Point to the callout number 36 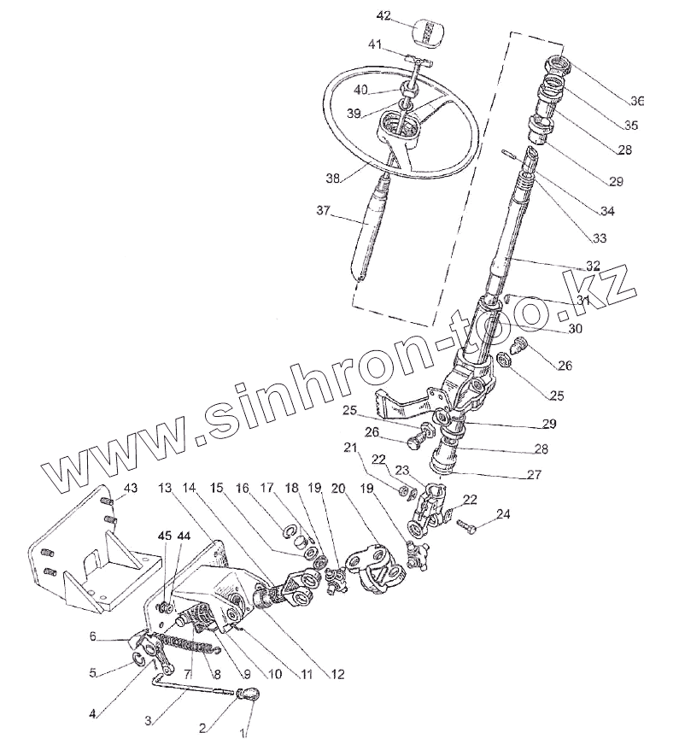coord(635,101)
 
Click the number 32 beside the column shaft coord(593,265)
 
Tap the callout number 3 coord(149,720)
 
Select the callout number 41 coord(375,44)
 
